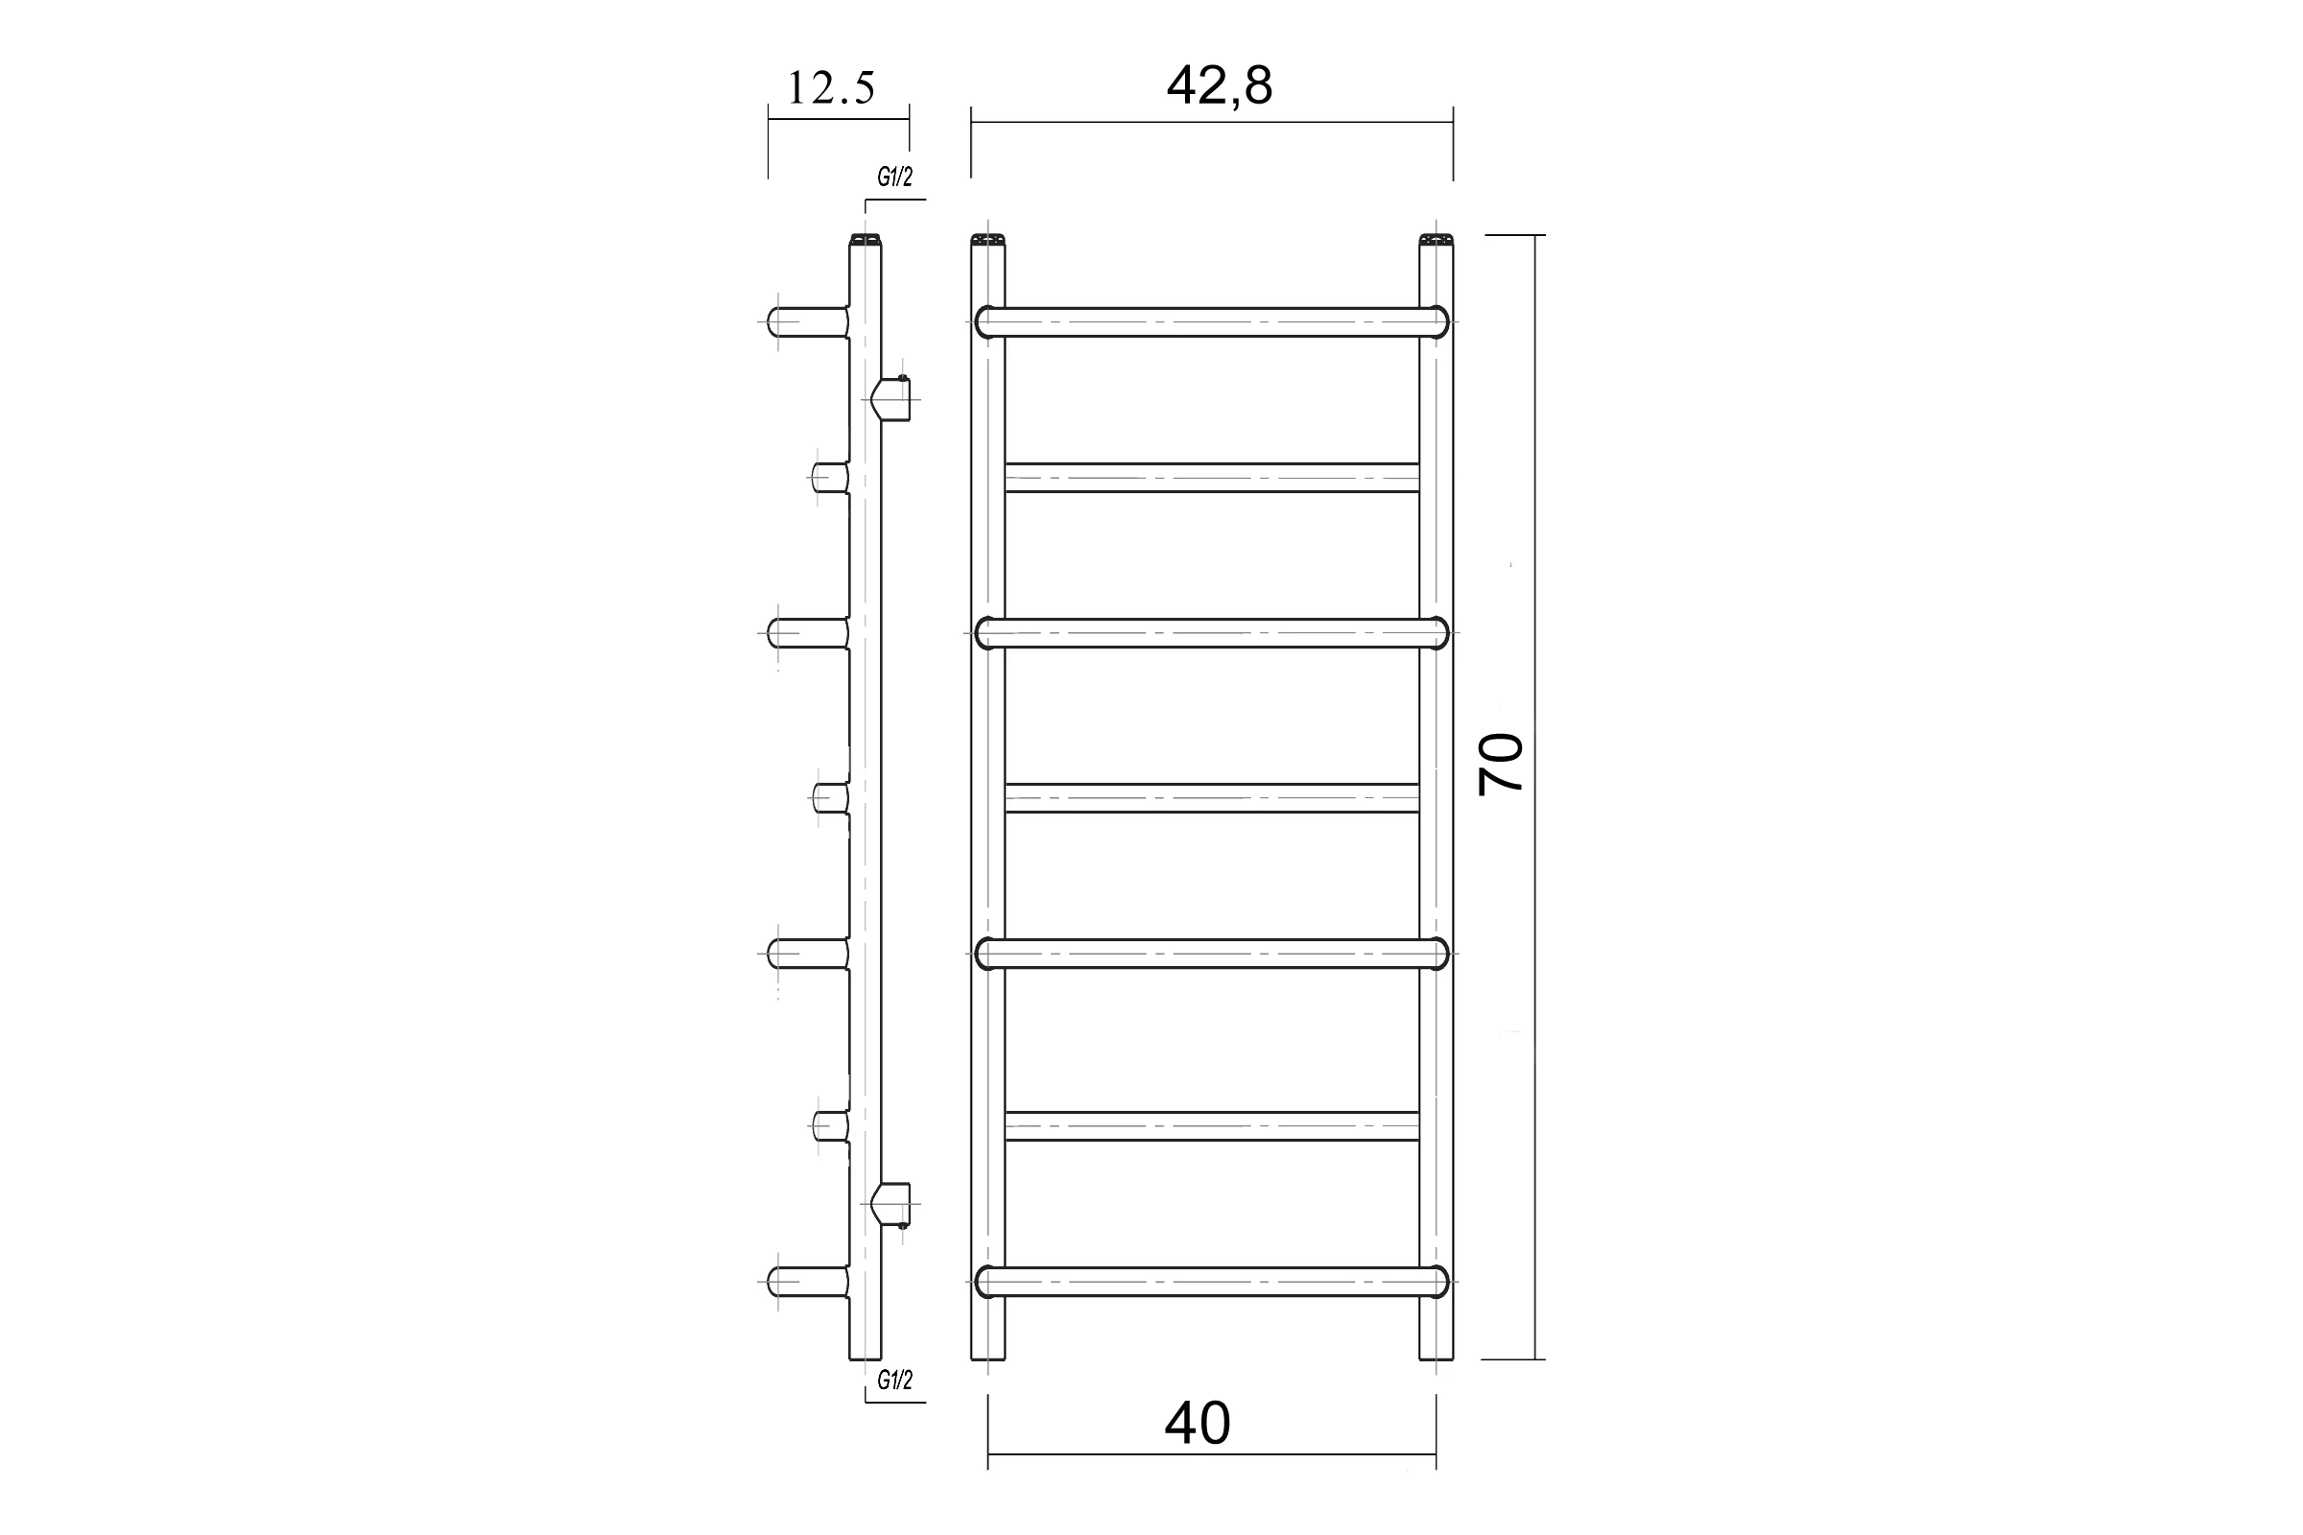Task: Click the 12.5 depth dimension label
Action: pyautogui.click(x=830, y=88)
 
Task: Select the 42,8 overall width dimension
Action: pyautogui.click(x=1219, y=85)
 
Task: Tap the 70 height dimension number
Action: pyautogui.click(x=1501, y=765)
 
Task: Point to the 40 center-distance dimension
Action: pyautogui.click(x=1197, y=1424)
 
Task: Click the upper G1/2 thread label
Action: pyautogui.click(x=895, y=177)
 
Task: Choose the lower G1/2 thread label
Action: pyautogui.click(x=895, y=1381)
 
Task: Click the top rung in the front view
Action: pyautogui.click(x=1212, y=322)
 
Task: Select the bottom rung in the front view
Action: pyautogui.click(x=1212, y=1282)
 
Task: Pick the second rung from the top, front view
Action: pyautogui.click(x=1212, y=478)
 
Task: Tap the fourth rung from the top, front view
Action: pyautogui.click(x=1212, y=798)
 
